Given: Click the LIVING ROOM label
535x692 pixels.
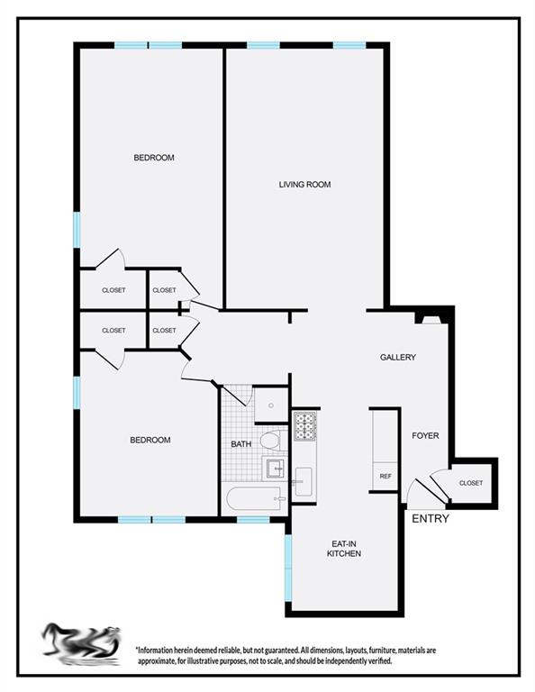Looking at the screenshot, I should [x=304, y=185].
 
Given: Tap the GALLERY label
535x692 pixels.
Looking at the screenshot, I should [x=397, y=358].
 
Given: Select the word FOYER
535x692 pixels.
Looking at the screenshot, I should [x=425, y=436].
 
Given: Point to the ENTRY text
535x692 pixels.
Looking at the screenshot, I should [x=430, y=519].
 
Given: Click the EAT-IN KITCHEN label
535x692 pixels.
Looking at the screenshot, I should [x=344, y=549].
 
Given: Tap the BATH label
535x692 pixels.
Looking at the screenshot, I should [x=241, y=444].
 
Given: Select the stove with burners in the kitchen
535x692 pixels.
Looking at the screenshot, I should [x=304, y=425].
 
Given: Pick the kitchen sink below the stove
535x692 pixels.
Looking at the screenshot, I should [x=303, y=480].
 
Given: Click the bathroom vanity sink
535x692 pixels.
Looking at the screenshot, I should [x=275, y=469].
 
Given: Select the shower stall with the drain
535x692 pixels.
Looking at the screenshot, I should [x=270, y=405].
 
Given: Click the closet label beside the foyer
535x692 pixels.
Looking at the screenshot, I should [x=470, y=483].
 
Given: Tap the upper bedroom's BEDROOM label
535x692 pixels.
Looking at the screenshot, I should [x=153, y=158].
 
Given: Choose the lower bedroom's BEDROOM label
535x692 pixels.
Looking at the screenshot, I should [x=150, y=440].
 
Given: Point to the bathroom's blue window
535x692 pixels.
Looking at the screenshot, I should [x=253, y=520].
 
